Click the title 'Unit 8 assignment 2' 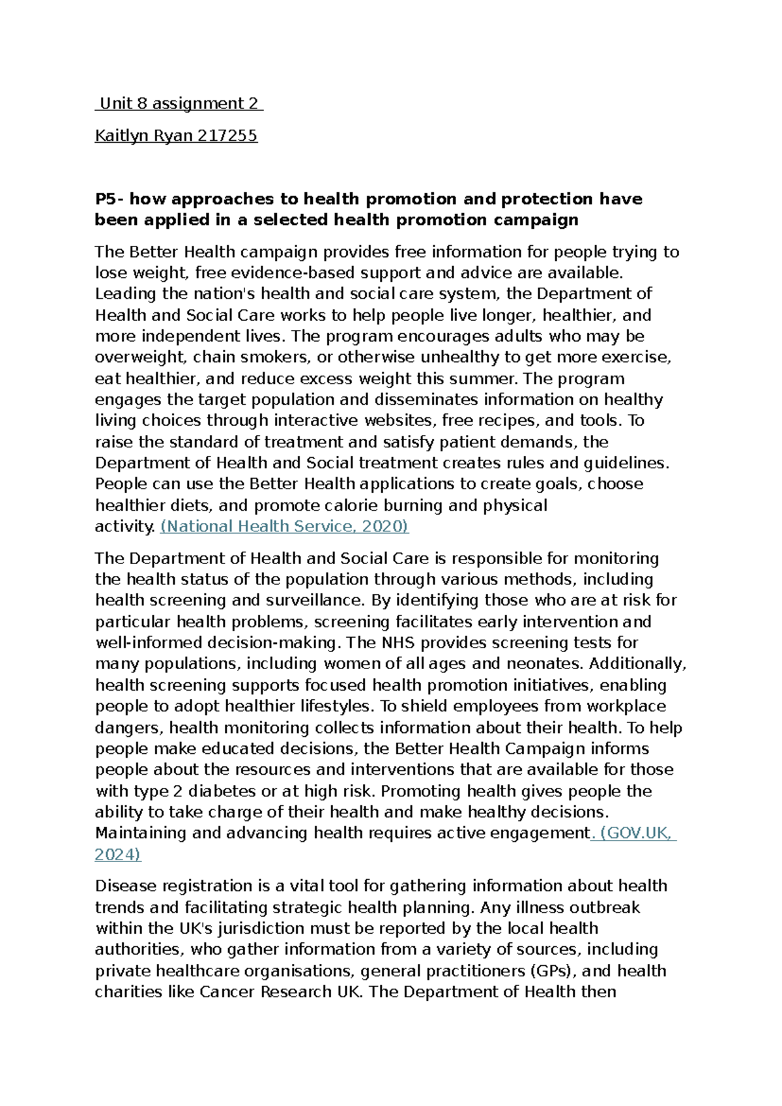(x=179, y=104)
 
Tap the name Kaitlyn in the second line (x=121, y=136)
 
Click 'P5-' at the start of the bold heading (x=109, y=199)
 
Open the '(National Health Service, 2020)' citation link (x=284, y=527)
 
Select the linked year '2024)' (x=117, y=854)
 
